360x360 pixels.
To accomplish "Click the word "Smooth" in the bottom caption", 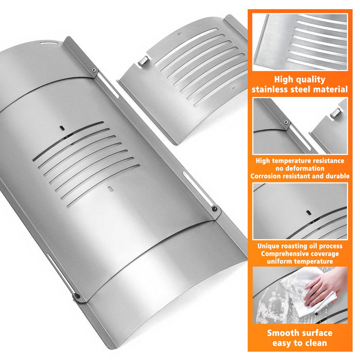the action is click(x=281, y=333).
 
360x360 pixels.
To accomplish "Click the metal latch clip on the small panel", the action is click(x=143, y=61).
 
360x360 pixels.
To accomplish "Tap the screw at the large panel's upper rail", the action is click(x=94, y=70).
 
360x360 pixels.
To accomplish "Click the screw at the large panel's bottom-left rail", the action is click(x=77, y=296).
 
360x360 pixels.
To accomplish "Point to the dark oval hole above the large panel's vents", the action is click(x=62, y=128).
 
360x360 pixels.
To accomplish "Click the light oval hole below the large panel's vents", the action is click(x=111, y=189).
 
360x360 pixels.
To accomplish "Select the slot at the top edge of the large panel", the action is click(x=49, y=43).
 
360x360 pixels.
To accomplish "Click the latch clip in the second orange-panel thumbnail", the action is click(x=336, y=113).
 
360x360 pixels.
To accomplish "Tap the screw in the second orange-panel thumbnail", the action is click(x=286, y=122).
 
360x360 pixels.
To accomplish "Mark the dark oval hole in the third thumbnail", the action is click(x=309, y=213).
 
